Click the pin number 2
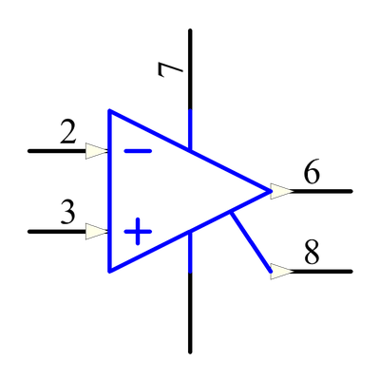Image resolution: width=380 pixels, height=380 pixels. [68, 133]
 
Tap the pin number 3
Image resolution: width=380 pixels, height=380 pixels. [68, 213]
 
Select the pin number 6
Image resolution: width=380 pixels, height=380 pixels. [312, 173]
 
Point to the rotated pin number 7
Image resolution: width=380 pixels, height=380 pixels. [170, 69]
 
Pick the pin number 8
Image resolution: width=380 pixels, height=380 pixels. [312, 253]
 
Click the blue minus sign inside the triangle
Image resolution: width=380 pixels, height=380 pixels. [138, 151]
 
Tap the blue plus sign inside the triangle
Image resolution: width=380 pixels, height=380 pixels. [138, 232]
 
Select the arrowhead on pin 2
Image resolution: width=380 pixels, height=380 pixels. [98, 151]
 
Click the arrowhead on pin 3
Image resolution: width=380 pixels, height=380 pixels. [98, 232]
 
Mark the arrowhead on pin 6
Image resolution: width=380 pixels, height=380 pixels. [282, 191]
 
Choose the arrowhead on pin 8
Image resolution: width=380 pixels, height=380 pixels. [282, 272]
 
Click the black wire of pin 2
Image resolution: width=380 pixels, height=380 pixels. [57, 151]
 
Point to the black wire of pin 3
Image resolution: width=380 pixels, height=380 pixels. [57, 232]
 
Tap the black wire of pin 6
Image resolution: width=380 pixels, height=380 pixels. [322, 191]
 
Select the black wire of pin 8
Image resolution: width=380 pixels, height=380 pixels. [322, 272]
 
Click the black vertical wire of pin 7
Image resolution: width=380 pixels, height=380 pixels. [190, 69]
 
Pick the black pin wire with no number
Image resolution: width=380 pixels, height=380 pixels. [190, 313]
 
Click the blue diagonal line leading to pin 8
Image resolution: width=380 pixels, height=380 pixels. [251, 242]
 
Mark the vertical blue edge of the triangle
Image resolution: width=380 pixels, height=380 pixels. [109, 191]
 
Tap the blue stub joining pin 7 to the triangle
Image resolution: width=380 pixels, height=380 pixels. [190, 129]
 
